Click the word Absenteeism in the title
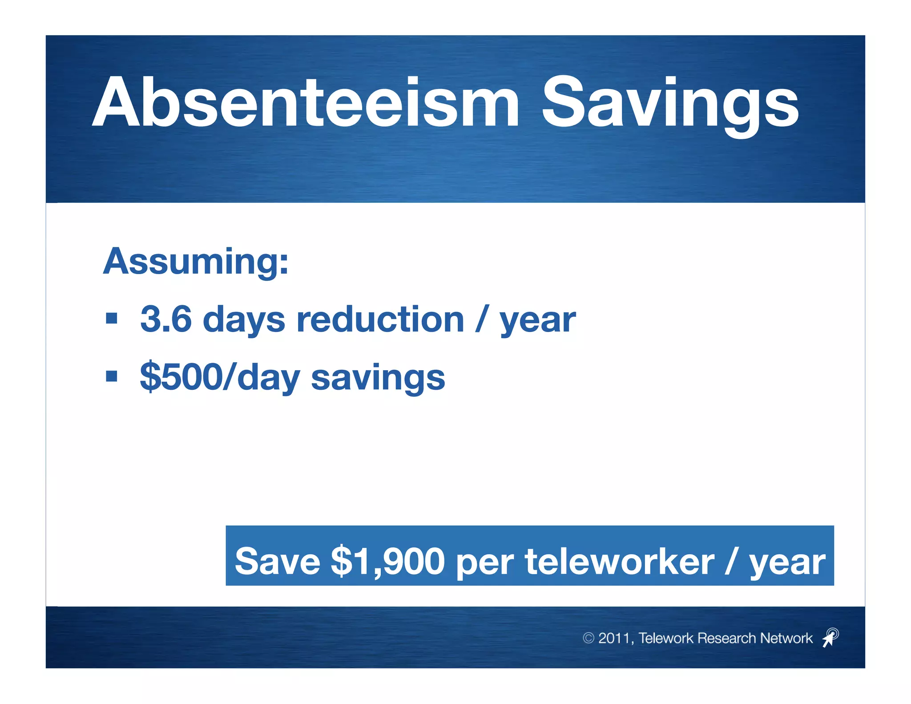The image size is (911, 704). click(x=306, y=103)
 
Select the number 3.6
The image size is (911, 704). click(x=165, y=320)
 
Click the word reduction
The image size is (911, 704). click(x=380, y=320)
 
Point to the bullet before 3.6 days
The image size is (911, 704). click(x=112, y=319)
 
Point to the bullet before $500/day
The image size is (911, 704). click(x=112, y=376)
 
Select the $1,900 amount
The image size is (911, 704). click(x=387, y=561)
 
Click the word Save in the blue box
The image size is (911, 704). click(x=278, y=561)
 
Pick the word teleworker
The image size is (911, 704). click(x=619, y=561)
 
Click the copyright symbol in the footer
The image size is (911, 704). click(x=589, y=638)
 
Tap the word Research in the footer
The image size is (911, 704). click(x=727, y=638)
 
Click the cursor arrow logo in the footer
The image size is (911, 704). click(x=830, y=638)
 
